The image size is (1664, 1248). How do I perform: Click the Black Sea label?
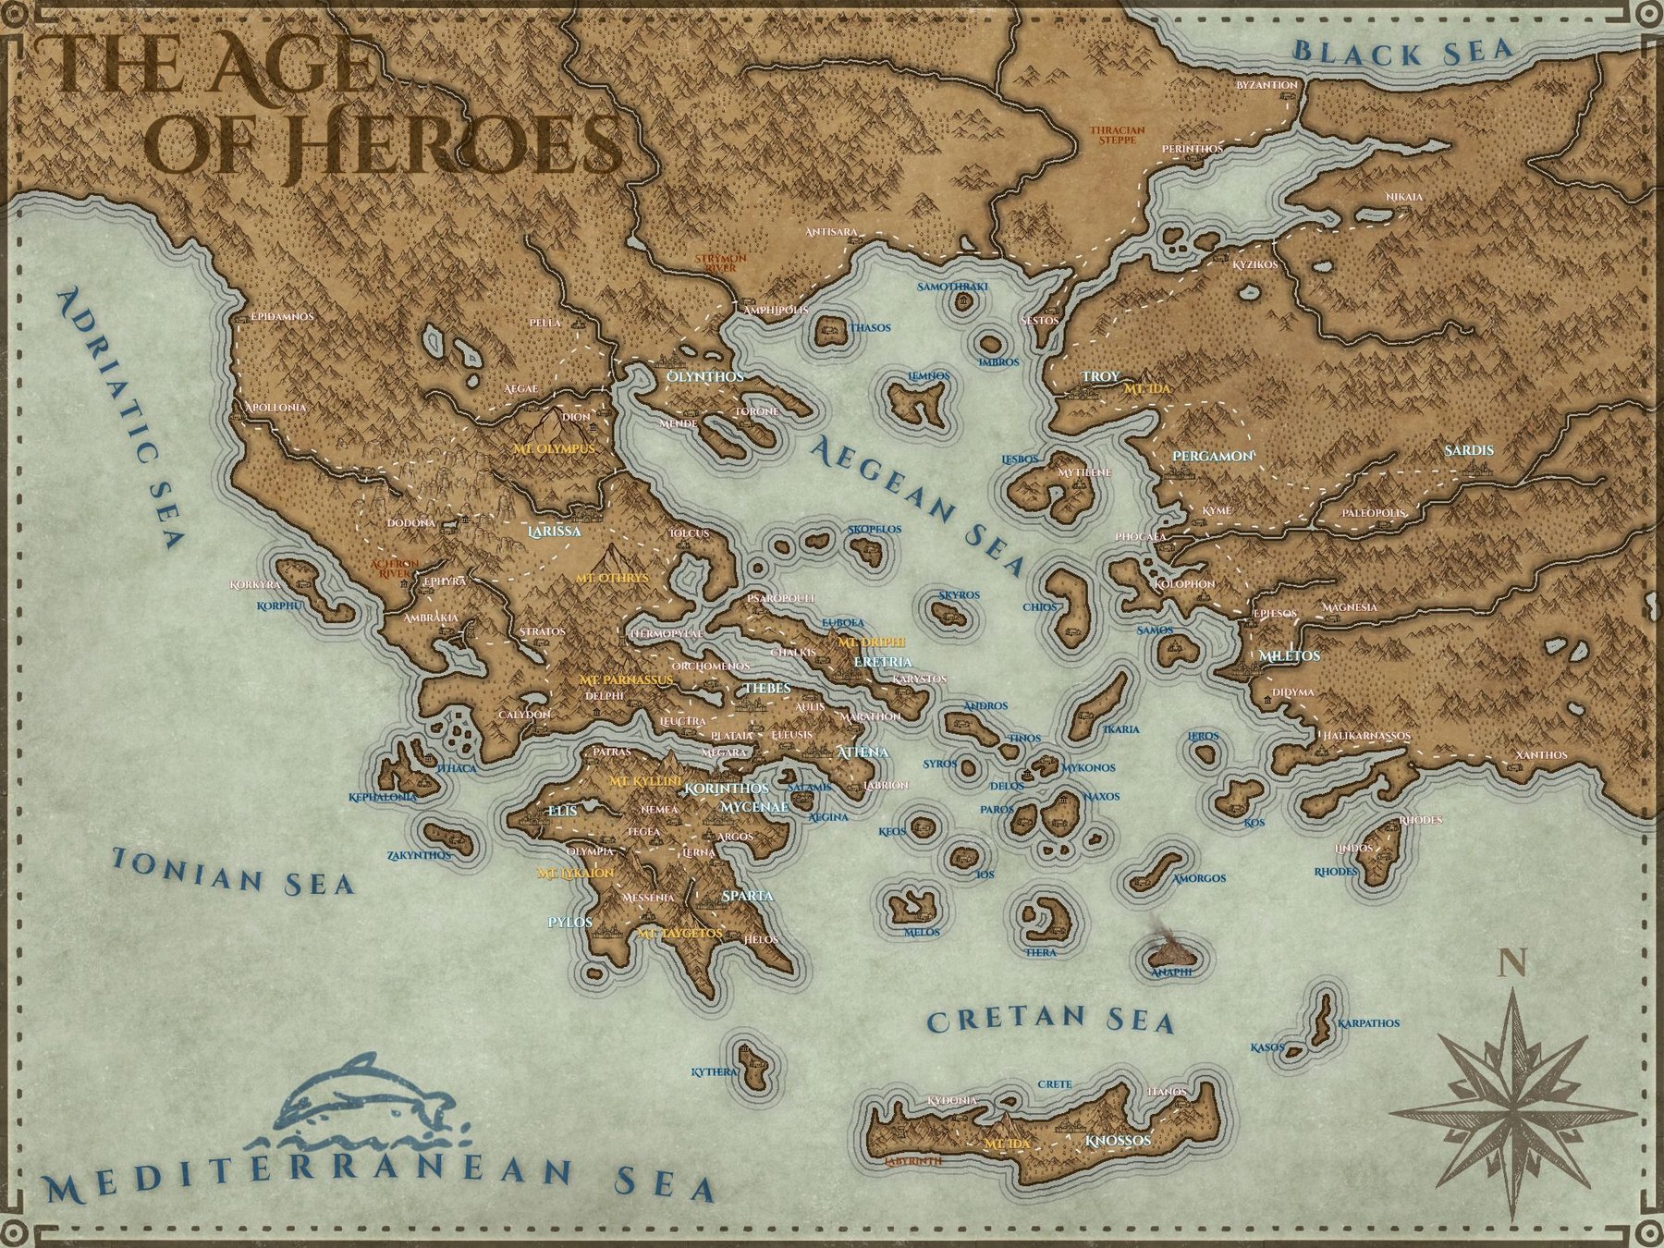(x=1401, y=51)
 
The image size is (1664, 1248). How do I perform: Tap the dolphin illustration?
(x=365, y=1096)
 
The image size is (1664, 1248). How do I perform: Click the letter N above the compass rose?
(x=1512, y=964)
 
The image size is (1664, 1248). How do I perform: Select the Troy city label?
(x=1100, y=376)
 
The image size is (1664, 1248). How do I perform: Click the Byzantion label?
(x=1266, y=85)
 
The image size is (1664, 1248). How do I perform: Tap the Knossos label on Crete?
(x=1119, y=1140)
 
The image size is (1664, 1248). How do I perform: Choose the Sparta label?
(x=747, y=896)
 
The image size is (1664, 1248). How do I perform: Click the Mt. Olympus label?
(x=554, y=448)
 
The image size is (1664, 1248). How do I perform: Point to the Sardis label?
(x=1469, y=450)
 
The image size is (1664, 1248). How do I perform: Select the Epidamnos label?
(x=283, y=316)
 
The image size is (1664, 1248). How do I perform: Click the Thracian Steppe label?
(x=1117, y=135)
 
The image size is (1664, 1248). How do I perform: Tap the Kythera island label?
(x=715, y=1072)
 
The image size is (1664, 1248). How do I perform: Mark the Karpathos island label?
(x=1368, y=1023)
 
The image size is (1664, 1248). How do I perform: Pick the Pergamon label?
(x=1212, y=456)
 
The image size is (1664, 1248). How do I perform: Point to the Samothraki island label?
(x=952, y=287)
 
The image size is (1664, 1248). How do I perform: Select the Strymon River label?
(x=720, y=263)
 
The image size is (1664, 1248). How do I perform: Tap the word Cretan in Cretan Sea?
(x=994, y=1020)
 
